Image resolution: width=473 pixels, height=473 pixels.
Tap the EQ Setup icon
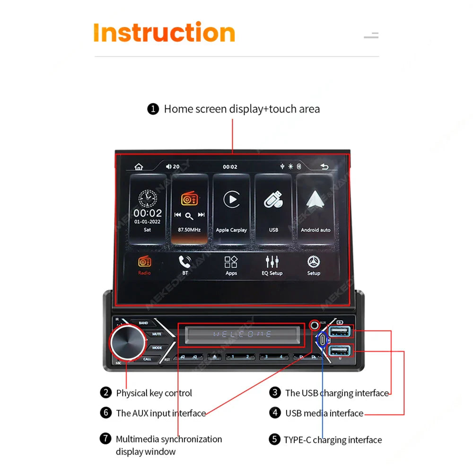272,265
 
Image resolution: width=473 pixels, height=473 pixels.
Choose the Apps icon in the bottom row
231,265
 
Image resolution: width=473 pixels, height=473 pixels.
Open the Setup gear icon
314,265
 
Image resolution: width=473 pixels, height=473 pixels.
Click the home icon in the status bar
139,166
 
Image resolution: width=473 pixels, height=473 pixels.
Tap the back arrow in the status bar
324,166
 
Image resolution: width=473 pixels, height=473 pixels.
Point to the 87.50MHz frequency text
189,230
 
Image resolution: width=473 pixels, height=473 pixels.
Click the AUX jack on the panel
314,325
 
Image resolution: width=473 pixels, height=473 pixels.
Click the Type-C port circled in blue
323,340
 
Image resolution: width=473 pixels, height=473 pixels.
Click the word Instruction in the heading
164,33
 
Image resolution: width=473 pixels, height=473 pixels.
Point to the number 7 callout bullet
105,438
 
